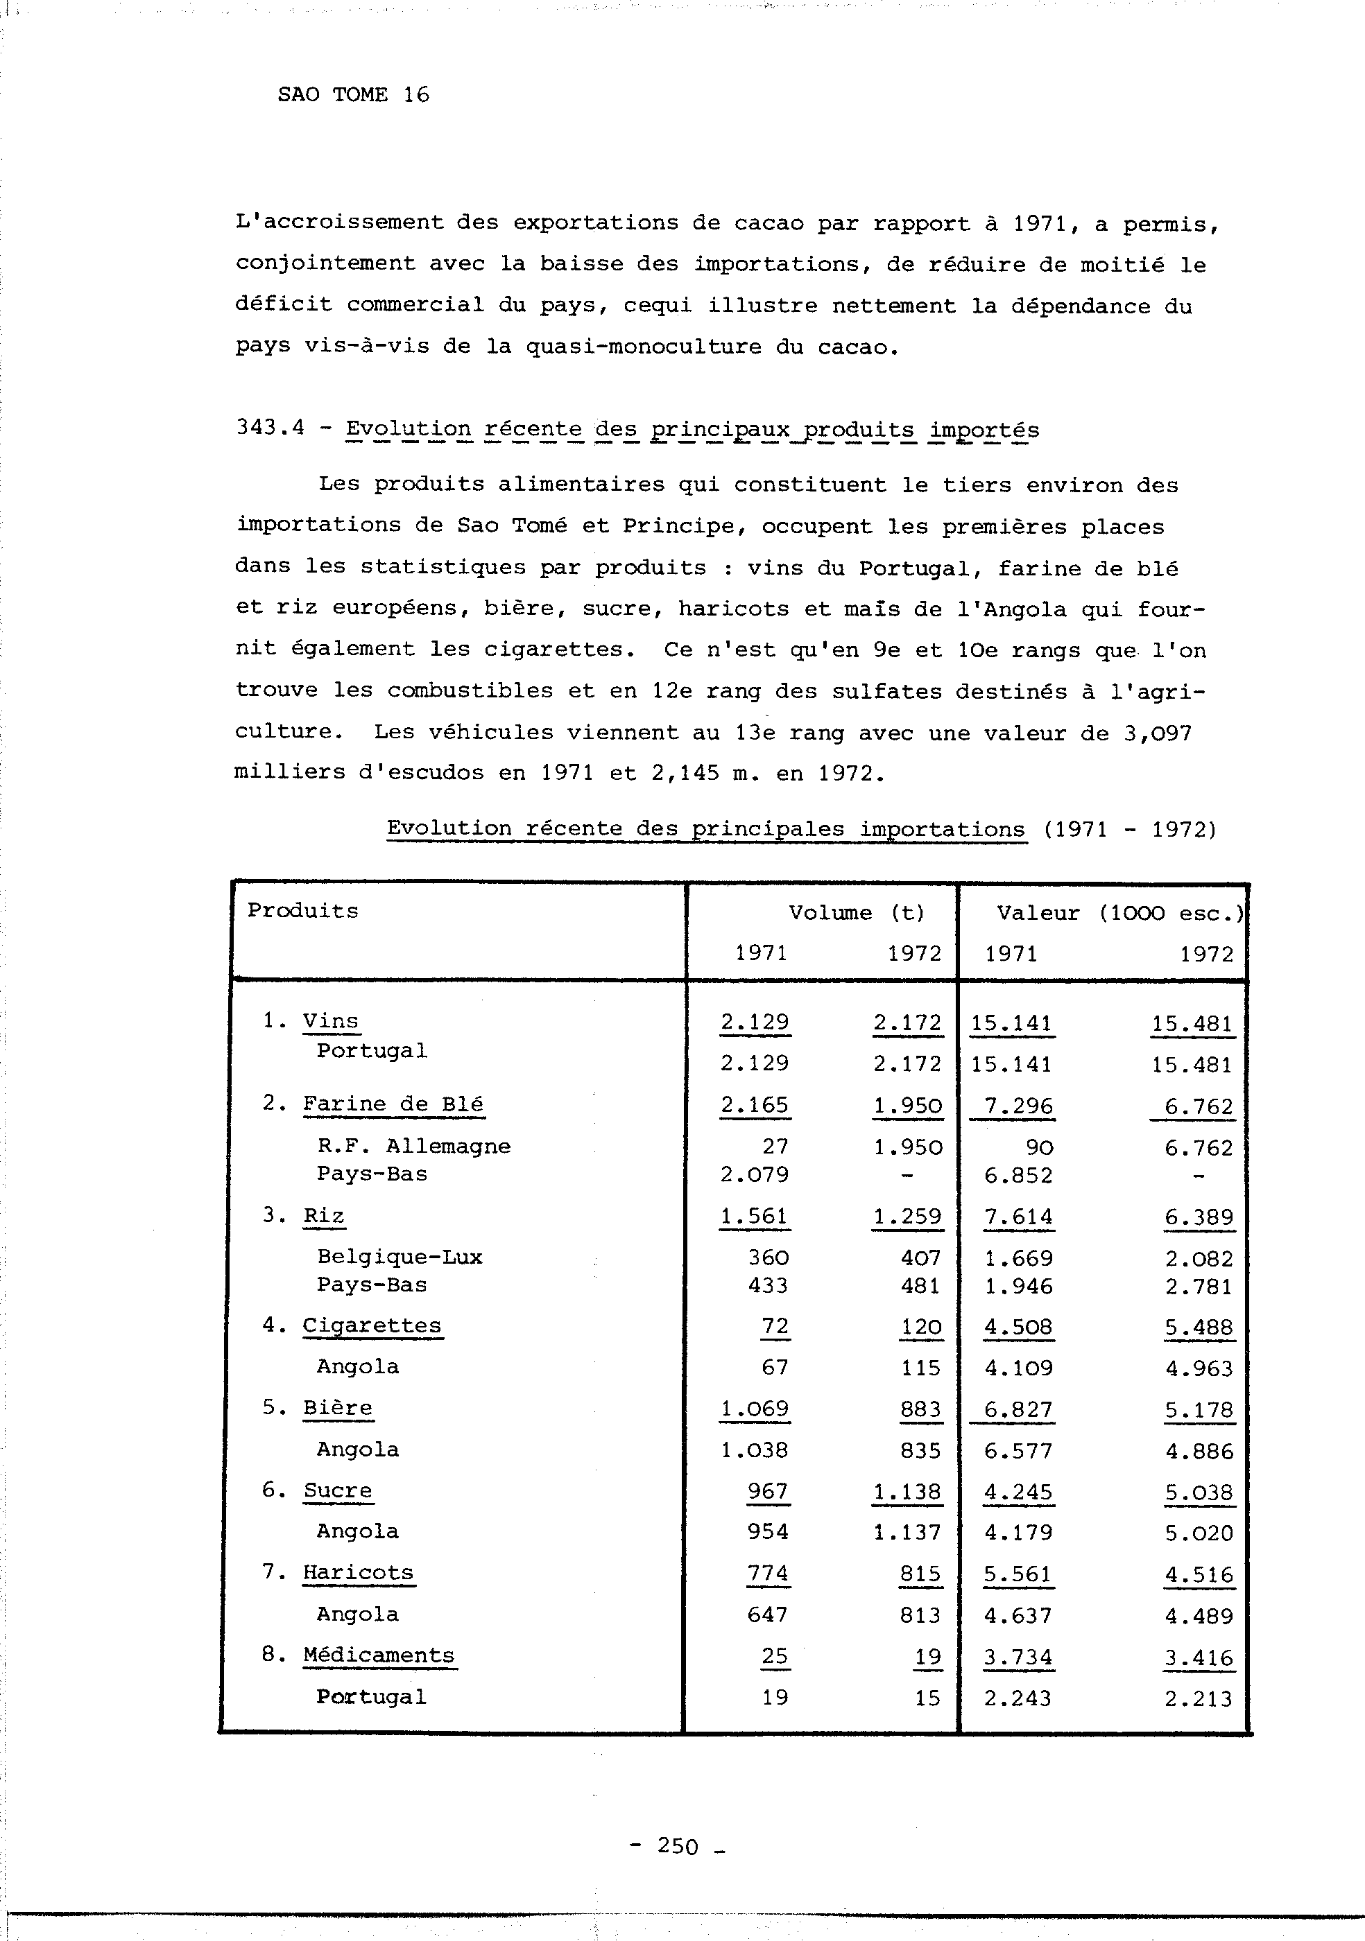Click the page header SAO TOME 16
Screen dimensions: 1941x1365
352,95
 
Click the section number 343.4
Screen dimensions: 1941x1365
270,428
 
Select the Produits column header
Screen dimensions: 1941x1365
303,910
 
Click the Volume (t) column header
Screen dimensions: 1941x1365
856,912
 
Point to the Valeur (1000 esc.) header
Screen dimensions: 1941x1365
1119,913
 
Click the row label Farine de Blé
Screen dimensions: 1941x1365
393,1104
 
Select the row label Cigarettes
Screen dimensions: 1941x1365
372,1325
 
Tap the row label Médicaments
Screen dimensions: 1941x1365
379,1655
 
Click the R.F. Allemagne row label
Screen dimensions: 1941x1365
413,1147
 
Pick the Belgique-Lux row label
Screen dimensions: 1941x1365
400,1257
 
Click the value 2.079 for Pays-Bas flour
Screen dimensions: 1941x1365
755,1174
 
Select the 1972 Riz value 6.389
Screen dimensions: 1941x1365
1199,1217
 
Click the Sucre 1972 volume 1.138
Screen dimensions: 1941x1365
907,1492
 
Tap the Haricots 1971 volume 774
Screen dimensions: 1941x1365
767,1574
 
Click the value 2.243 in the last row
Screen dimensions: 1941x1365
1018,1698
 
